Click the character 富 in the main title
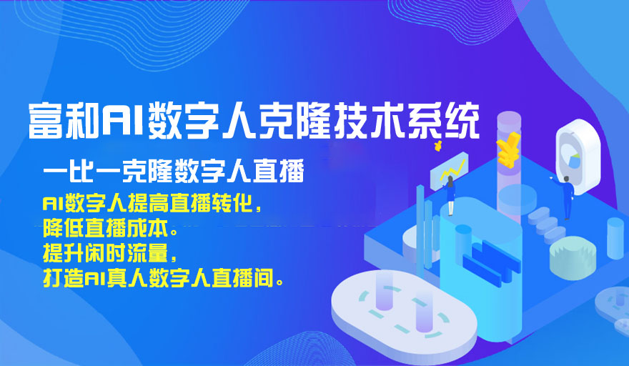click(46, 121)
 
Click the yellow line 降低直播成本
click(109, 228)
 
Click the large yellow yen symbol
click(508, 149)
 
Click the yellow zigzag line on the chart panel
click(452, 169)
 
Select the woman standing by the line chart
click(450, 195)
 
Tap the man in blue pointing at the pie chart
click(565, 197)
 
